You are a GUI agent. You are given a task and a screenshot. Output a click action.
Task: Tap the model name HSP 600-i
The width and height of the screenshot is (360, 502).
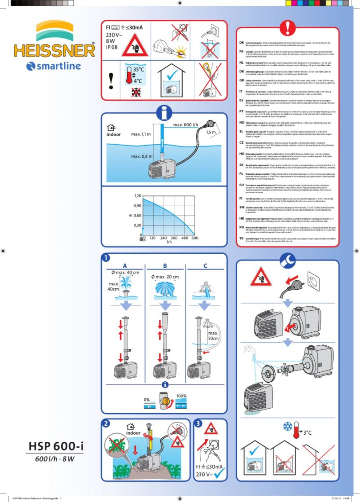(x=56, y=446)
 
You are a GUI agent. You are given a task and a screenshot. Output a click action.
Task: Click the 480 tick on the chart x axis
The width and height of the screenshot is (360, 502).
(x=184, y=238)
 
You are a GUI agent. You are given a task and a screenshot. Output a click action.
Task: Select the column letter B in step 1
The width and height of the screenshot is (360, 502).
(x=165, y=265)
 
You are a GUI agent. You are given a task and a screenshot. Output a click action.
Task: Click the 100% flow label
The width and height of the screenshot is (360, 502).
(x=181, y=396)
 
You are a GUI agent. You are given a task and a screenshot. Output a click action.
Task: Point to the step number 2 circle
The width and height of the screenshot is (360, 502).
(x=105, y=423)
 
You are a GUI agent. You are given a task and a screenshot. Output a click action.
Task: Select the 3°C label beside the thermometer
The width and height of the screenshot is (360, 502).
(x=307, y=433)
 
